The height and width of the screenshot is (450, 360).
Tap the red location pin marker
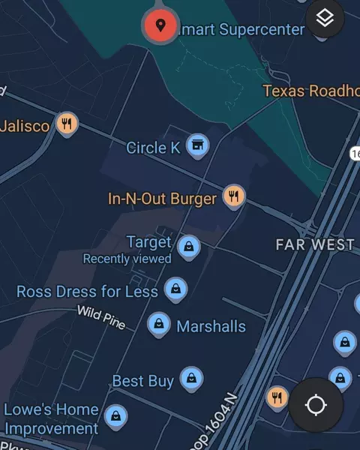tap(160, 25)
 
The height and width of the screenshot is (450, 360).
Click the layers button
tap(325, 18)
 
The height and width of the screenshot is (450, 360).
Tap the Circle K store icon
tap(197, 145)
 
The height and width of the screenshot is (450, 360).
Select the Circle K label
tap(153, 148)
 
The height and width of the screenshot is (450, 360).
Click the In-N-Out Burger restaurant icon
tap(235, 196)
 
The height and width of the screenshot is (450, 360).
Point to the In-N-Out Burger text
tap(162, 199)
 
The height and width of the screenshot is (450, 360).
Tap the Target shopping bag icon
tap(189, 245)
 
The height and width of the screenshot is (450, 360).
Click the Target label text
tap(149, 242)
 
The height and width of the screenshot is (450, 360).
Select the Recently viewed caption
tap(127, 259)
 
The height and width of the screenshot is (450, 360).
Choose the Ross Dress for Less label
tap(87, 291)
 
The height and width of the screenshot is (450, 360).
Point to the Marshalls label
tap(211, 326)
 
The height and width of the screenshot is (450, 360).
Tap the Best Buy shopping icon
tap(192, 377)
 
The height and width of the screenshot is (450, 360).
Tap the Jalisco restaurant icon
tap(67, 124)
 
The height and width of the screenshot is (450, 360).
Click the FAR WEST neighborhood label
tap(314, 244)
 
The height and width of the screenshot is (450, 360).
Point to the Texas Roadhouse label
tap(310, 91)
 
